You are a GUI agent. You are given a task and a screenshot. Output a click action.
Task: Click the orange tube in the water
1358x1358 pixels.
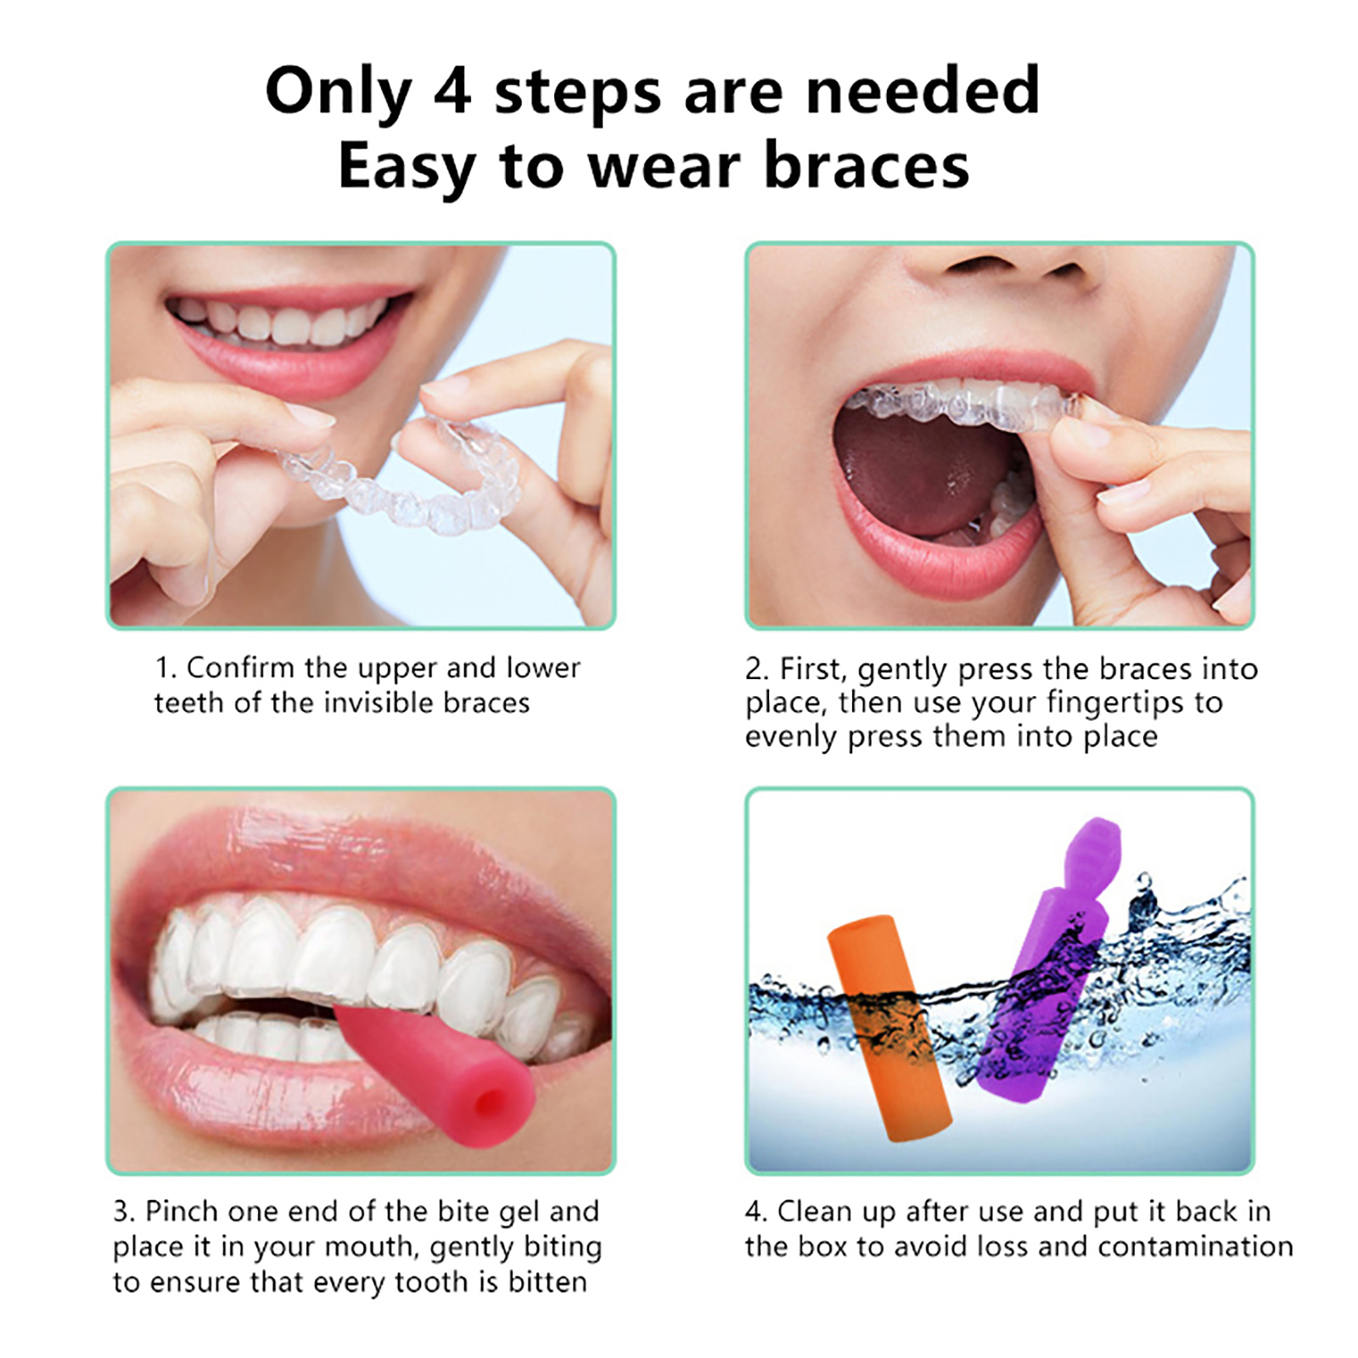[888, 1028]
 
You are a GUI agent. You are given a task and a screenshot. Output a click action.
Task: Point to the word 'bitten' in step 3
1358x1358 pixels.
[547, 1282]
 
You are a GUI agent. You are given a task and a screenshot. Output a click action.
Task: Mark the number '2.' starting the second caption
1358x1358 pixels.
[757, 670]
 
